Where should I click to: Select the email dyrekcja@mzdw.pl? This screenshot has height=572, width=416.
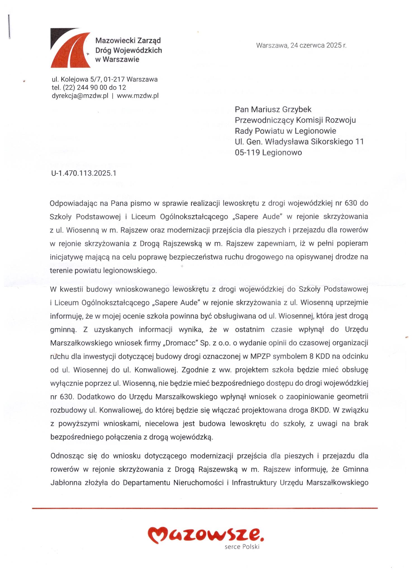tap(80, 96)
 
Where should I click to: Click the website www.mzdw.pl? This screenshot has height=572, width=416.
tap(138, 96)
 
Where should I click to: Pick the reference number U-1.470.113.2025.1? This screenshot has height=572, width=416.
tap(84, 173)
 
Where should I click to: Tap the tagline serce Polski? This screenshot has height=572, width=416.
tap(242, 547)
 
